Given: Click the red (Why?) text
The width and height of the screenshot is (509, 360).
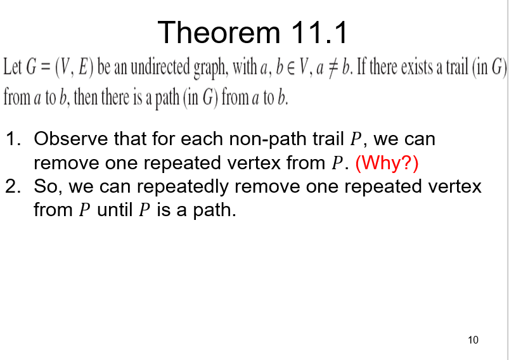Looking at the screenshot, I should coord(387,163).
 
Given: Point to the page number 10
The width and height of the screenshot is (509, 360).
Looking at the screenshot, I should coord(473,340).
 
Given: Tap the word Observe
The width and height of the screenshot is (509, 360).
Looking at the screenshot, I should coord(70,139).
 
